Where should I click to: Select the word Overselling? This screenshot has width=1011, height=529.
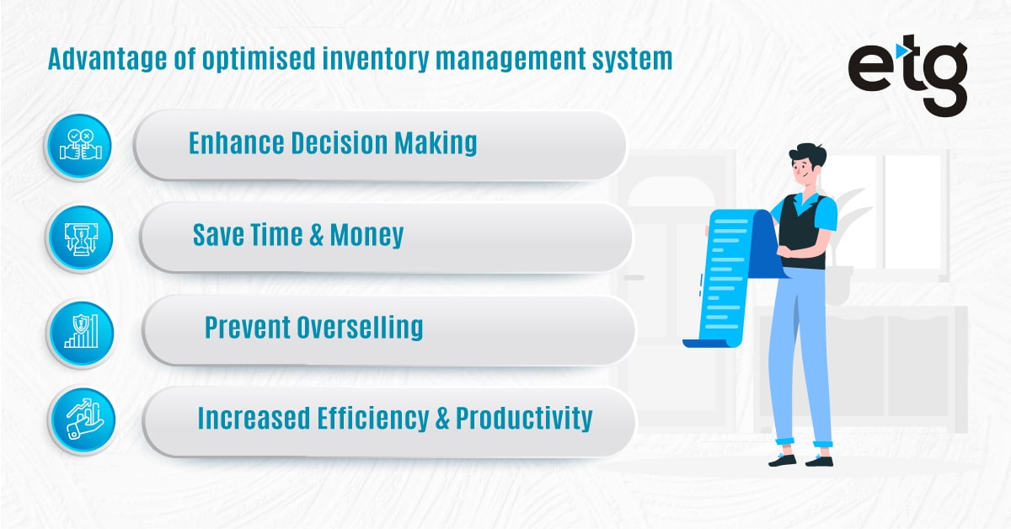coord(359,327)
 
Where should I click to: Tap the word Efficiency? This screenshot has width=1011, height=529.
coord(362,418)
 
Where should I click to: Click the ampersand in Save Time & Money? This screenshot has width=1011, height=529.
coord(317,234)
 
